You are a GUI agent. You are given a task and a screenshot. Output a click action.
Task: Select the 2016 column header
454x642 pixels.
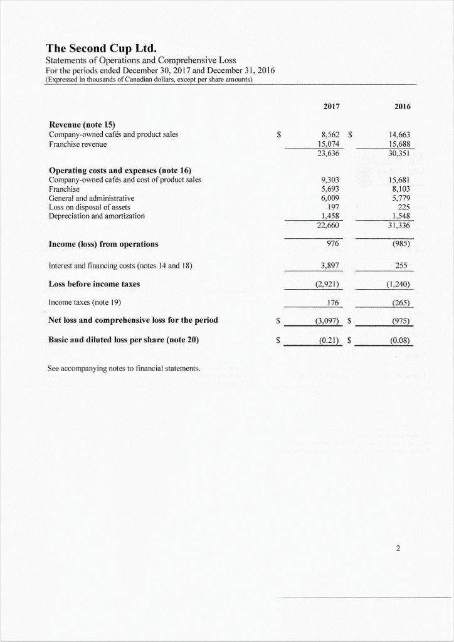403,107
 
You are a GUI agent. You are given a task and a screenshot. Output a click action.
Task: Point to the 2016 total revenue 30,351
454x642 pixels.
400,152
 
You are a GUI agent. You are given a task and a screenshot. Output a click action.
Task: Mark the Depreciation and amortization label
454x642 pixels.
97,216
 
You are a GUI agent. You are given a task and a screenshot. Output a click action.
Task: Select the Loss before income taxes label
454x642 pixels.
94,284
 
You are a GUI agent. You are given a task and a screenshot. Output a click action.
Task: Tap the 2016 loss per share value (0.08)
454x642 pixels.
399,342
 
